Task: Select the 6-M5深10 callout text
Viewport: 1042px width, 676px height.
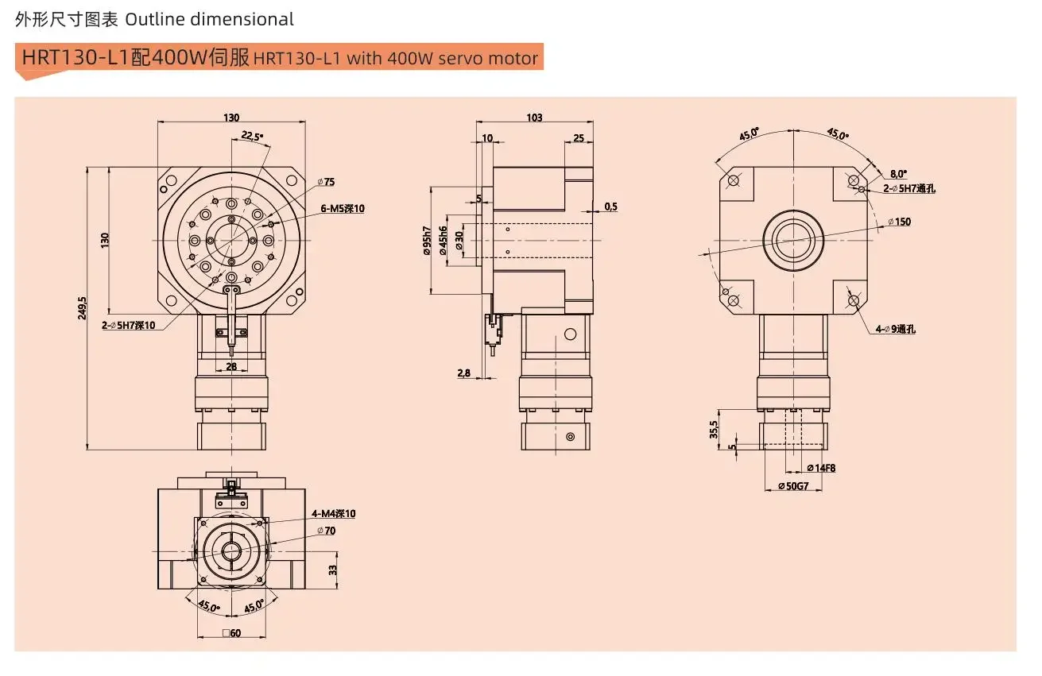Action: click(x=343, y=209)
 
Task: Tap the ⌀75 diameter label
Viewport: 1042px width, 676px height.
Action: click(x=326, y=182)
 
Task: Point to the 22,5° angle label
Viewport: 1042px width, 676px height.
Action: click(x=252, y=136)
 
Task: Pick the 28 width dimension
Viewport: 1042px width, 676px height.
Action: click(x=231, y=366)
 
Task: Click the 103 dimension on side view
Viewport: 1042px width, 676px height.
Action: click(x=534, y=118)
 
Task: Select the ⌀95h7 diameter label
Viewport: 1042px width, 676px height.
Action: click(x=427, y=241)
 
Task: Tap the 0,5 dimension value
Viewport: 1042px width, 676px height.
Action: click(x=610, y=207)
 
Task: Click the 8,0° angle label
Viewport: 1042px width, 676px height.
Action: click(x=898, y=173)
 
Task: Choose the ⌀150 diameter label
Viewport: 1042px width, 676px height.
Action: click(x=899, y=222)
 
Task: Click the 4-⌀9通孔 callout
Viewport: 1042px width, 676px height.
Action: click(x=895, y=329)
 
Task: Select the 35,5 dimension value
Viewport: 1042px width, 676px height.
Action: click(x=714, y=430)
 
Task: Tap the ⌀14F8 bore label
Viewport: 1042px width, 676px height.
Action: click(x=820, y=468)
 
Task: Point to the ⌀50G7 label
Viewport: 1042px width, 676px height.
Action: click(x=793, y=486)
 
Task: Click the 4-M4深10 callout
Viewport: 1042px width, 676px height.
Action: click(x=334, y=514)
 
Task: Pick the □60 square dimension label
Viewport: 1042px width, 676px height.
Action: click(x=231, y=633)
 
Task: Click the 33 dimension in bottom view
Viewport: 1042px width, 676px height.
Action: click(x=333, y=569)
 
